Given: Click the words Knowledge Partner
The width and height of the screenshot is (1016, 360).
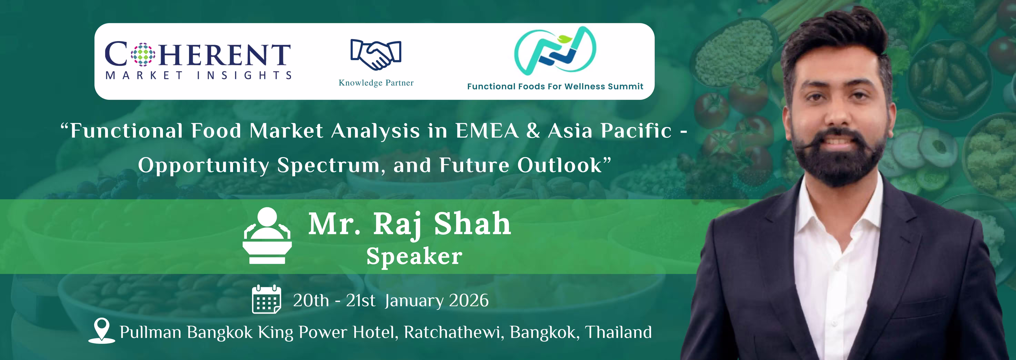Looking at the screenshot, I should (376, 83).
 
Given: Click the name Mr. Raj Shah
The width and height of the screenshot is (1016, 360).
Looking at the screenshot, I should (409, 224).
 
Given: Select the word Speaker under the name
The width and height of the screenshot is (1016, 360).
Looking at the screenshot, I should (414, 256).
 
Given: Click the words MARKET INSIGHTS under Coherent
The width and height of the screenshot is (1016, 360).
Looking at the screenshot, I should (198, 75).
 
